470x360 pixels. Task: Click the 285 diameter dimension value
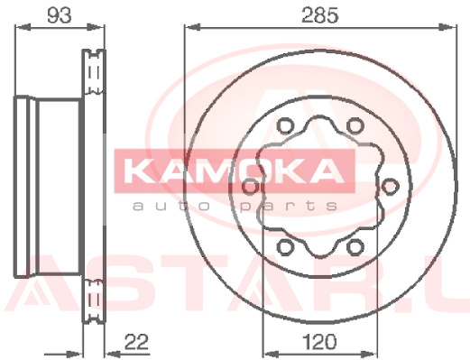click(x=320, y=15)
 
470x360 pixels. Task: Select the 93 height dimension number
click(x=60, y=15)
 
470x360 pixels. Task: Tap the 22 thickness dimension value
click(x=137, y=342)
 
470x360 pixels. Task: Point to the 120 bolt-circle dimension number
click(x=319, y=342)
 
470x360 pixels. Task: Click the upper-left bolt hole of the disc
click(x=284, y=125)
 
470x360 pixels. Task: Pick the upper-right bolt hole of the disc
click(x=355, y=125)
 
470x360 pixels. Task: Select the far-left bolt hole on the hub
click(x=250, y=186)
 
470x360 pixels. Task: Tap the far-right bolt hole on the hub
click(x=390, y=186)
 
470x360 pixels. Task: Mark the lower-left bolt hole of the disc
click(x=284, y=247)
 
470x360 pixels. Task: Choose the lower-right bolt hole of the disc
click(x=355, y=247)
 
